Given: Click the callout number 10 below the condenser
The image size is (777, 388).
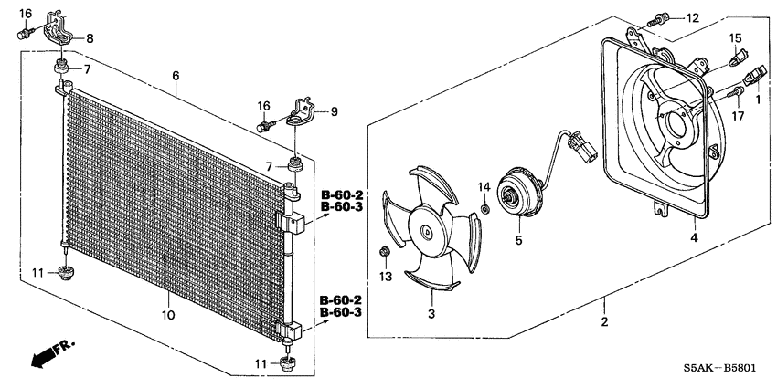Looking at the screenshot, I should [x=167, y=315].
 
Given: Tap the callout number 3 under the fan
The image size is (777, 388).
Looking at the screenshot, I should [x=431, y=315].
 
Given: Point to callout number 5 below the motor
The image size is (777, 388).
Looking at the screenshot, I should [x=517, y=242].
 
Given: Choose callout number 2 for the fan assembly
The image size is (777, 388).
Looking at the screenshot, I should [x=604, y=321].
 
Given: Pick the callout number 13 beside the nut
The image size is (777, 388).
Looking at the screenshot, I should [x=385, y=276].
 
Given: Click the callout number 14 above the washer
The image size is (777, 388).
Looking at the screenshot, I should [x=484, y=186].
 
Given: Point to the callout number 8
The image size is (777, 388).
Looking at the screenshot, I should [x=89, y=38].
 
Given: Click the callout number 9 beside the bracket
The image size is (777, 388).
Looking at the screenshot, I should [x=334, y=112].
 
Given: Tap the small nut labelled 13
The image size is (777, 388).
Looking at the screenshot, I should [x=385, y=251].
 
